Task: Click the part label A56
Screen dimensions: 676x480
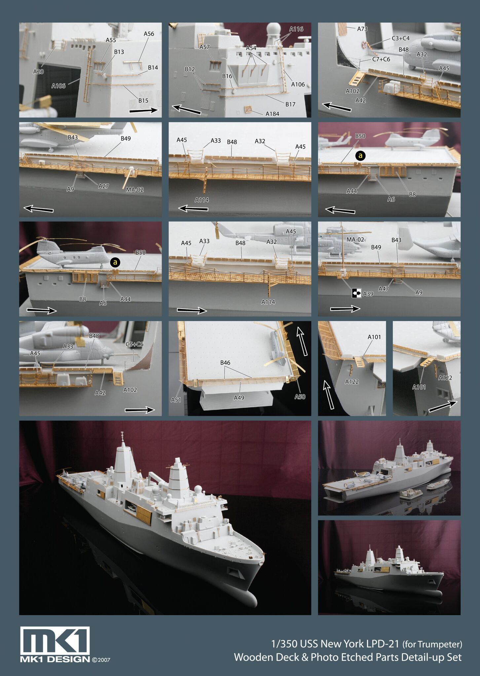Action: (149, 34)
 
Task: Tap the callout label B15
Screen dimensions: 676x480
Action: (143, 100)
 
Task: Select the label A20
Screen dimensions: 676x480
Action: (38, 71)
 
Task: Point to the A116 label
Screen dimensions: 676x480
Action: (296, 29)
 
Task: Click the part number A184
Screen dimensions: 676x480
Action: (272, 114)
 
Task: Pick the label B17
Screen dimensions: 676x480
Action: (290, 104)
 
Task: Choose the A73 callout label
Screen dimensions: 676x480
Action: (362, 29)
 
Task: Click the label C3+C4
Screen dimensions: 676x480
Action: (400, 38)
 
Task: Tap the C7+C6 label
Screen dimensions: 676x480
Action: (381, 59)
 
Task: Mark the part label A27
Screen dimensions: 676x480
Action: (103, 186)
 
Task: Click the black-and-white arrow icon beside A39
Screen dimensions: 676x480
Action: (356, 293)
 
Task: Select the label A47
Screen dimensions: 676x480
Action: (383, 289)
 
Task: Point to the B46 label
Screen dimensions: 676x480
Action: (225, 362)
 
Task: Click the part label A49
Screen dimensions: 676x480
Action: (239, 398)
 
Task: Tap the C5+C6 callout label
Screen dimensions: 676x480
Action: (134, 344)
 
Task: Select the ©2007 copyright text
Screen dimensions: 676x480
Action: (101, 660)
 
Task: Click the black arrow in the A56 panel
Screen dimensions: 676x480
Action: (144, 111)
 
